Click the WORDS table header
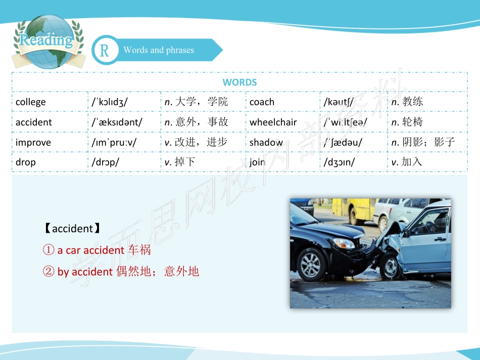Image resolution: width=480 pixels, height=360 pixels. coord(239,82)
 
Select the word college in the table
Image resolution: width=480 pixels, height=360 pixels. coord(31,102)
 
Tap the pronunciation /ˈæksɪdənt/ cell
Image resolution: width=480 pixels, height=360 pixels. coord(117,122)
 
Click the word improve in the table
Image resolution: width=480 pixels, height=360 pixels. coord(33,142)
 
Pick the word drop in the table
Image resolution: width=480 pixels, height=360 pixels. coord(26,163)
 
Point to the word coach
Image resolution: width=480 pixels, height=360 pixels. coord(262,102)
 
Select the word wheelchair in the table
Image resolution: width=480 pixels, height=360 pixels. coord(273,122)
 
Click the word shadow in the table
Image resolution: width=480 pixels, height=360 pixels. coord(266,142)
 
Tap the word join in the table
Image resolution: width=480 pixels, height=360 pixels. coord(257,163)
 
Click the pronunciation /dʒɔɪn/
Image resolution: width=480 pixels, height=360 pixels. coord(339,163)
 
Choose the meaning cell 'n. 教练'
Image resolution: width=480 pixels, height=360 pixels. coord(407,102)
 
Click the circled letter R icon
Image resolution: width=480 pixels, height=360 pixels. coord(105,50)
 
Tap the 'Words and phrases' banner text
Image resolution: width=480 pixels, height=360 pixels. coord(159,50)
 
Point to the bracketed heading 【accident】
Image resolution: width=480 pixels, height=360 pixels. coord(72,229)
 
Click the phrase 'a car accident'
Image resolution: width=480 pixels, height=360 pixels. coord(90,250)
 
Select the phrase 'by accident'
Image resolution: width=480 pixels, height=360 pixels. coord(85,272)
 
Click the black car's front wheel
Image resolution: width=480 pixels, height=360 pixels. coord(311,264)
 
